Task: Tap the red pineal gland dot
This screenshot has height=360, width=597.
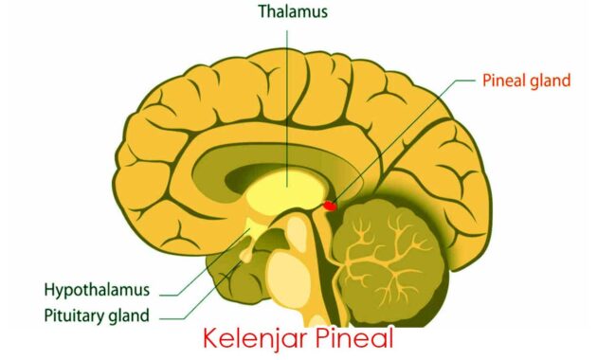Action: tap(330, 204)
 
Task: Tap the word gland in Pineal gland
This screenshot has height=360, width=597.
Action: tap(549, 81)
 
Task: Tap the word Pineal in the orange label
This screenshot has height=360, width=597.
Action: tap(498, 81)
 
